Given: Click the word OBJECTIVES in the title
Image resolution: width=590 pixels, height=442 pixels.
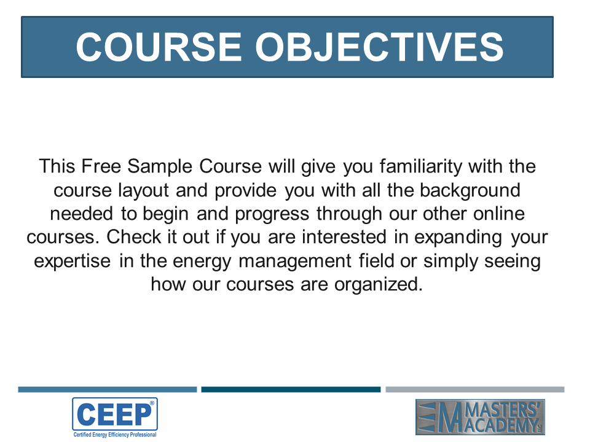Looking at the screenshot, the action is [379, 47].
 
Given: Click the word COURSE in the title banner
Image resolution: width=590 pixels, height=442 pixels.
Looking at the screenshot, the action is [159, 47].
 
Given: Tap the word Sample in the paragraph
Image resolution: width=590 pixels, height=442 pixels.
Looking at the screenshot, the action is [160, 167].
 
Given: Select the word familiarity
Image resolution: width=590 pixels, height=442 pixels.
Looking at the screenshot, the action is [420, 167].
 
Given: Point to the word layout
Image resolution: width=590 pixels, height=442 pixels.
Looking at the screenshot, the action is [143, 190].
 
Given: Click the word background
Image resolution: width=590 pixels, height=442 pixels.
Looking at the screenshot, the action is [470, 190].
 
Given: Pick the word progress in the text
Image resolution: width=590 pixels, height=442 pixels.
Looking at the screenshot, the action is [272, 214].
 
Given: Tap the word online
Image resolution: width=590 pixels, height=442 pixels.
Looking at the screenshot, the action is [499, 214].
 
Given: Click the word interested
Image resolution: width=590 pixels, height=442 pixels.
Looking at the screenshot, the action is [344, 237].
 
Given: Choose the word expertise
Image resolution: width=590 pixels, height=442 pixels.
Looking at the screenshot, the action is [73, 262].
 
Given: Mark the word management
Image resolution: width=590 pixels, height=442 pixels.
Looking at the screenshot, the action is [295, 262].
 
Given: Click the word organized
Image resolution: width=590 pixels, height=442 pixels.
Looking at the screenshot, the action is [379, 284].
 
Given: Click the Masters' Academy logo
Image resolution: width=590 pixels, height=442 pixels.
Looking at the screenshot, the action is [480, 417].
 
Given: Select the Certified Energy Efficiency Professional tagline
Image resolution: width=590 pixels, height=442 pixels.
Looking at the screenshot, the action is [115, 435].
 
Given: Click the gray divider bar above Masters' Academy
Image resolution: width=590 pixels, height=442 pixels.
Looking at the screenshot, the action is [475, 390].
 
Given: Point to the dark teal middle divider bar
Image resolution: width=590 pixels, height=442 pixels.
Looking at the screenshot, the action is [291, 390].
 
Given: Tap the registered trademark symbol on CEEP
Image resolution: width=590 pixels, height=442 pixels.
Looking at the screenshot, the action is [152, 403].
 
